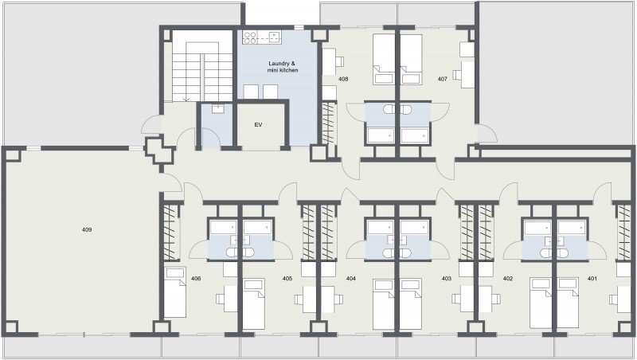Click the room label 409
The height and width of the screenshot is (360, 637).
click(x=87, y=229)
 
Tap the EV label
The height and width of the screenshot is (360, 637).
click(x=258, y=125)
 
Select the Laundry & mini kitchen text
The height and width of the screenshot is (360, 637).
click(x=283, y=67)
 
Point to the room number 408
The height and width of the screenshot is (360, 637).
click(x=343, y=79)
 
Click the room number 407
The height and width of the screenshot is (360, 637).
click(x=443, y=79)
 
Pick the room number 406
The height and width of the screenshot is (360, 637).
click(x=196, y=279)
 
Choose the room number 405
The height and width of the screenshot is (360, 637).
click(x=287, y=279)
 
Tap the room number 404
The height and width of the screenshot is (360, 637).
click(x=350, y=279)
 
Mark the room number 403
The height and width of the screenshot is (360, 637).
click(x=447, y=279)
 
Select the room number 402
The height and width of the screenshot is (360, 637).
click(x=508, y=279)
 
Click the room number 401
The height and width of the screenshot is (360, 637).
click(x=592, y=279)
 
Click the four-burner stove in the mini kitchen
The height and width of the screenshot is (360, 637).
click(x=250, y=37)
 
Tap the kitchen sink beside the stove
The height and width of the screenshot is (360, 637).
click(x=275, y=37)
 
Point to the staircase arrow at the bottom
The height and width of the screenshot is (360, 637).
click(x=186, y=99)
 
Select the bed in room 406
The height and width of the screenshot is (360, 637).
click(x=175, y=292)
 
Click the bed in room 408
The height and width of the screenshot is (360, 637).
click(x=384, y=59)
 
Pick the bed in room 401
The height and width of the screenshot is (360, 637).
click(x=568, y=303)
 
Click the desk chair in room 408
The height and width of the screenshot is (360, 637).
click(x=340, y=62)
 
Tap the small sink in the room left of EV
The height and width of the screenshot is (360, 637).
click(x=218, y=109)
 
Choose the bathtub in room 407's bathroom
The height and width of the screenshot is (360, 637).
click(x=414, y=136)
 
